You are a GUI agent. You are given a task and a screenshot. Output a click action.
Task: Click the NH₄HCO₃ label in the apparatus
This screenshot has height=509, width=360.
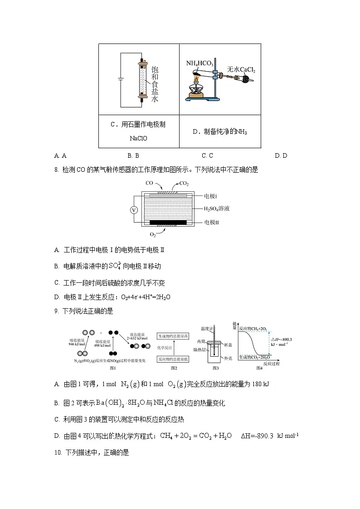[199, 63]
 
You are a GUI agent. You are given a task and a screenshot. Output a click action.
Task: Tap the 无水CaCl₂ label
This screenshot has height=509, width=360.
[241, 69]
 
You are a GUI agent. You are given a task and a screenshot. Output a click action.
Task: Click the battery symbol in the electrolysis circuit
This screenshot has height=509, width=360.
[121, 80]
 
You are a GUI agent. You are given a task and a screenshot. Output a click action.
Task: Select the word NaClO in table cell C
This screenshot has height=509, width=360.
[138, 138]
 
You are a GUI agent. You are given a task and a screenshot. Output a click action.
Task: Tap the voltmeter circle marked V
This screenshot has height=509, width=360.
[134, 210]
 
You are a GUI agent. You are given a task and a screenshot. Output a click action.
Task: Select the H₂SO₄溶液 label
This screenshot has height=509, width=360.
[219, 209]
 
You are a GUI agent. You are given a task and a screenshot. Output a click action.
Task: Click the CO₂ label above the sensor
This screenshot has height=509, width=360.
[184, 184]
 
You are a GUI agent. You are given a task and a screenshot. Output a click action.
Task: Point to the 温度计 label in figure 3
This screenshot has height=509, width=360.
[207, 328]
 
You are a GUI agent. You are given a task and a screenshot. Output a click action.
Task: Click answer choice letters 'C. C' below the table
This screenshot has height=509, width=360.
[207, 155]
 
